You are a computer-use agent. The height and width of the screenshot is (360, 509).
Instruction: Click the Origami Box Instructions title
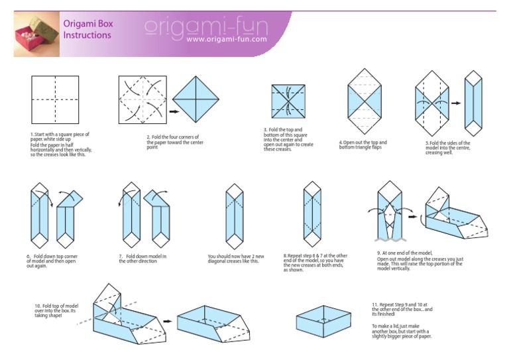(87, 29)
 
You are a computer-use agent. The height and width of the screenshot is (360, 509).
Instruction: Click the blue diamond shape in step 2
(196, 99)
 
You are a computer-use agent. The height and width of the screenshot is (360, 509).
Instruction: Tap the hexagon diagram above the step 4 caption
(365, 102)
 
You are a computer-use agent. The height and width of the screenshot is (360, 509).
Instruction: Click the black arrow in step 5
(456, 103)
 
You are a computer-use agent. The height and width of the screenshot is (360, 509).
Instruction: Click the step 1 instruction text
(60, 143)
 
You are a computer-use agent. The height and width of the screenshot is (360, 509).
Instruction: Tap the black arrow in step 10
(168, 322)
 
